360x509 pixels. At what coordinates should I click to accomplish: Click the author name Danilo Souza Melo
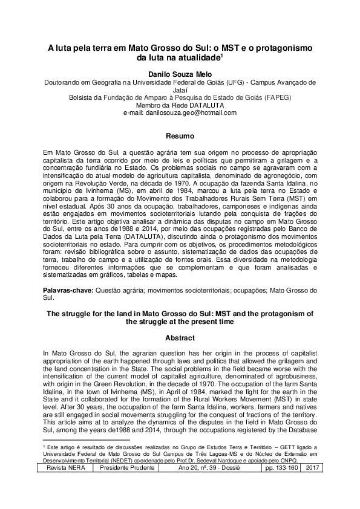[x=180, y=74]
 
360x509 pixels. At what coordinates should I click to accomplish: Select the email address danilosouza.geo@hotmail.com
[x=180, y=112]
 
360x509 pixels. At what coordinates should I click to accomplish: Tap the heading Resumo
[x=180, y=136]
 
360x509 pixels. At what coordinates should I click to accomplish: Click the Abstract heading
[x=180, y=337]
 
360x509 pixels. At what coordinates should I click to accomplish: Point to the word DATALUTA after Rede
[x=200, y=105]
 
